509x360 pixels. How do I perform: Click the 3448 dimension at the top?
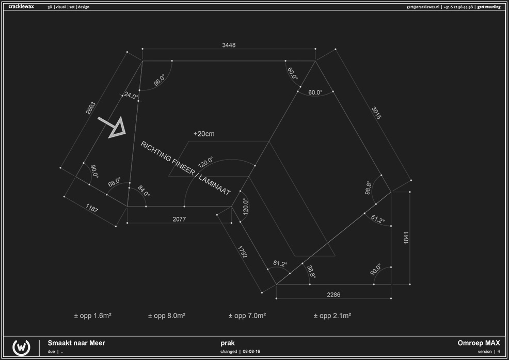point(229,45)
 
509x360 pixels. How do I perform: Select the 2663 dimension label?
point(90,108)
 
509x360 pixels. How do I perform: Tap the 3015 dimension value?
point(376,113)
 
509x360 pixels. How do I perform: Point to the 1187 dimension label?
point(92,208)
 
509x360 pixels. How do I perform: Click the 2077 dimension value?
point(179,220)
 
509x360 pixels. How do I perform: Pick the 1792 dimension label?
point(243,252)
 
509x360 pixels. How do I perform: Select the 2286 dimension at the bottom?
point(333,295)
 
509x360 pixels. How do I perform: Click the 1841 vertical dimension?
point(406,238)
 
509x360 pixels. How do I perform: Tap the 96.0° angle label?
point(159,80)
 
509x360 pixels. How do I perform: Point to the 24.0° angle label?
point(131,96)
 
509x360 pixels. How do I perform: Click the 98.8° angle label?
point(368,187)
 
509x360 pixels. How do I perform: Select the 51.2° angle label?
point(378,220)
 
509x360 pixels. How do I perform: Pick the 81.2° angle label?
point(280,263)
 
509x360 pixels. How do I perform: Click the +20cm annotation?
point(204,134)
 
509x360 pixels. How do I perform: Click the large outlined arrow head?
point(118,128)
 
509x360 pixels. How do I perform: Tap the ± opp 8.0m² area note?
point(167,316)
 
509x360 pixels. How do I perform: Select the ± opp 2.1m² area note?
point(332,316)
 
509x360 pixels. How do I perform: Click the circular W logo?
point(22,347)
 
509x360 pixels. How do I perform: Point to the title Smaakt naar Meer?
point(76,343)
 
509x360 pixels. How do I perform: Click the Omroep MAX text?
point(479,343)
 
